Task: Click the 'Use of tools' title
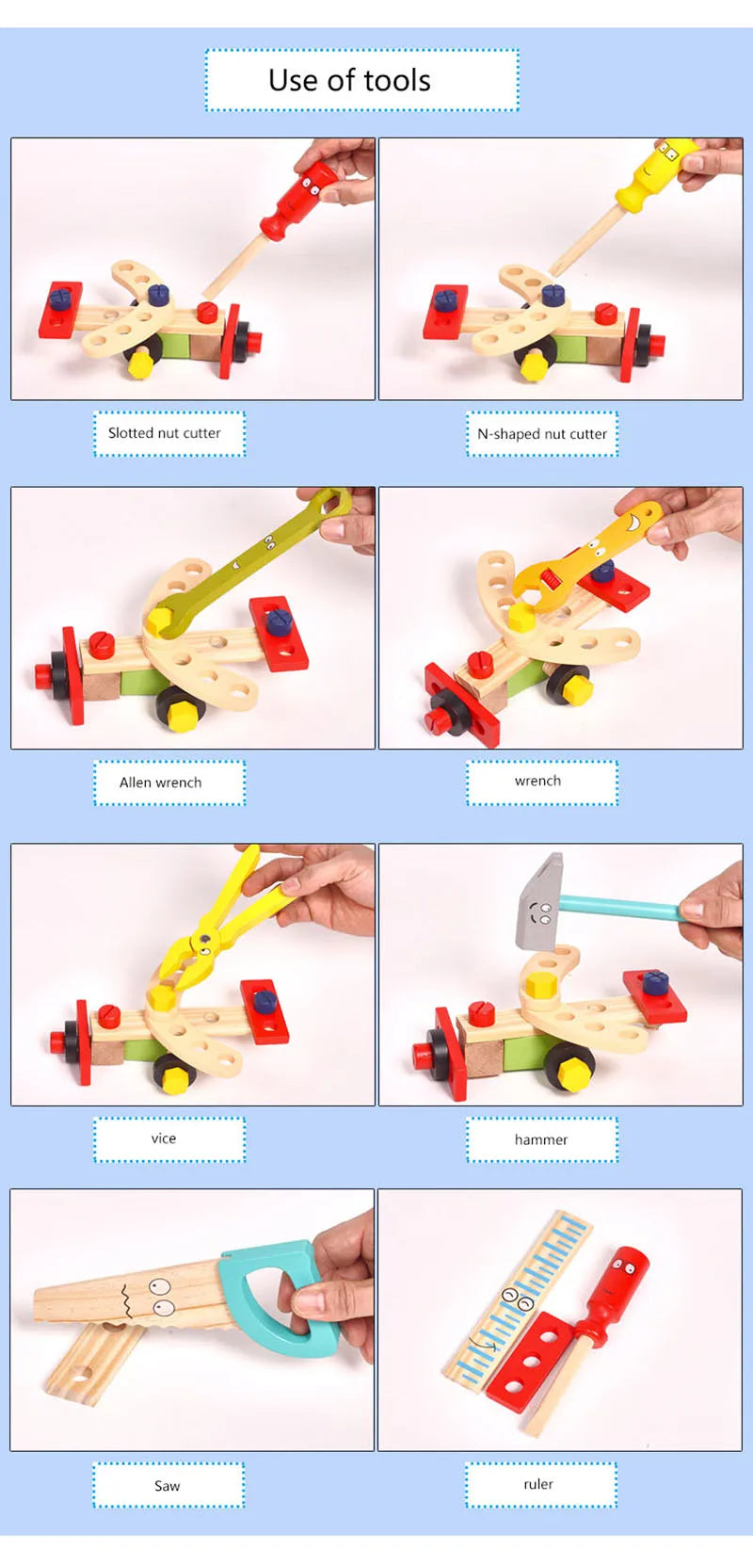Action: click(x=349, y=81)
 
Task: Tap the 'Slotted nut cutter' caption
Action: click(x=165, y=433)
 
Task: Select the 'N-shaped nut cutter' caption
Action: click(x=542, y=434)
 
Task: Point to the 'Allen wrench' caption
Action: click(x=161, y=783)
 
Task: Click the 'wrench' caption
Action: click(x=538, y=781)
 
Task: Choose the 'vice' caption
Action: click(x=164, y=1138)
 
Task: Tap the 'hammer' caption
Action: click(x=541, y=1139)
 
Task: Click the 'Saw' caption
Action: click(x=168, y=1486)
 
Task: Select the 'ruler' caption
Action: click(x=538, y=1484)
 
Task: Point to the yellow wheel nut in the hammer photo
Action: click(x=573, y=1073)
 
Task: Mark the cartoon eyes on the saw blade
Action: click(x=161, y=1297)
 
